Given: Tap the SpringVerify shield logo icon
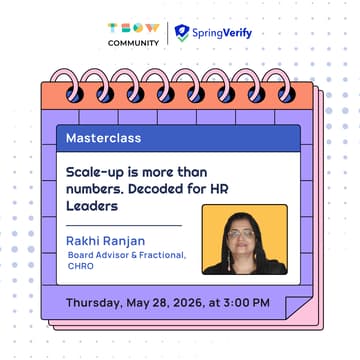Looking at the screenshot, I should (x=181, y=33).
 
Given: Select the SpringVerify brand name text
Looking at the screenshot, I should (x=223, y=33).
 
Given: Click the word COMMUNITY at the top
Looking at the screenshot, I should (x=133, y=42).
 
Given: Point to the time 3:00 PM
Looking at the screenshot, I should (x=247, y=302).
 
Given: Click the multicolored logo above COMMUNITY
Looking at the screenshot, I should (x=133, y=27).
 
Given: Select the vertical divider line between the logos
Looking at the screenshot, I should (x=166, y=33).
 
